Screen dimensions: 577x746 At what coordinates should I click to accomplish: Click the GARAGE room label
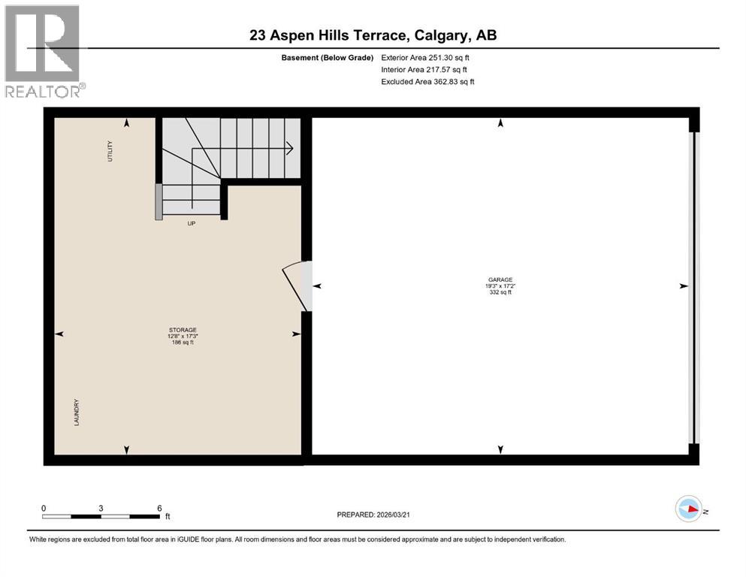(x=499, y=279)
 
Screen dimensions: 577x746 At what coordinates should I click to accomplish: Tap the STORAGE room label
(x=182, y=330)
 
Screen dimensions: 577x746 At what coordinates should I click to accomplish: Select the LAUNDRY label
(x=76, y=412)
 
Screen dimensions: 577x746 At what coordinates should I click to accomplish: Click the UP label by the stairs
(x=192, y=223)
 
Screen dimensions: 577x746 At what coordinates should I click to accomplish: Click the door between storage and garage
(x=297, y=285)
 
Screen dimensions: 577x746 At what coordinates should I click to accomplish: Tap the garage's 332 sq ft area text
(x=499, y=292)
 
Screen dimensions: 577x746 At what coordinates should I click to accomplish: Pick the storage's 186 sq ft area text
(x=182, y=343)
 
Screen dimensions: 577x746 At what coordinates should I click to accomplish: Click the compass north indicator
(x=690, y=509)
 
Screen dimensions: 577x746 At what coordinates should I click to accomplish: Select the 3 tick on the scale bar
(x=101, y=508)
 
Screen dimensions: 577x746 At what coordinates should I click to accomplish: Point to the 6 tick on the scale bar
(x=159, y=508)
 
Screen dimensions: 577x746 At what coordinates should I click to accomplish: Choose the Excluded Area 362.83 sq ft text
(x=427, y=81)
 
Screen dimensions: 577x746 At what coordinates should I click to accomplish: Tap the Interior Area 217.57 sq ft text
(x=424, y=69)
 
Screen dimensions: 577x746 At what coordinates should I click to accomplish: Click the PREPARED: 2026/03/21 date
(x=373, y=515)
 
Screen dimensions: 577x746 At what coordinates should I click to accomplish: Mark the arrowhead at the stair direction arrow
(x=289, y=149)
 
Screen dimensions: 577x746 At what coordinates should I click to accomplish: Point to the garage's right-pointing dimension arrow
(x=683, y=286)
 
